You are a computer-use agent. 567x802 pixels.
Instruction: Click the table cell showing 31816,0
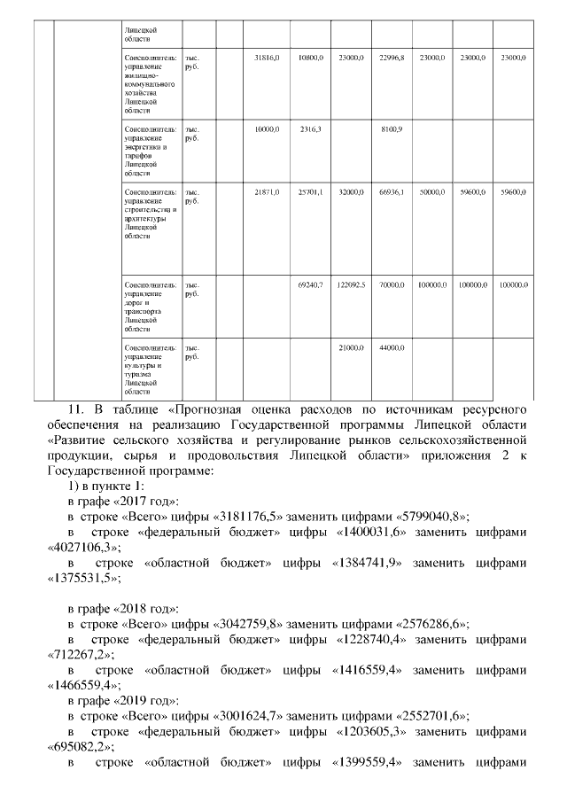[267, 57]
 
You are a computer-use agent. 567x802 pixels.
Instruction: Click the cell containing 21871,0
[267, 191]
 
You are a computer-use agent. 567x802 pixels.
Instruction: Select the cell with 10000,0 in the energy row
[267, 129]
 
